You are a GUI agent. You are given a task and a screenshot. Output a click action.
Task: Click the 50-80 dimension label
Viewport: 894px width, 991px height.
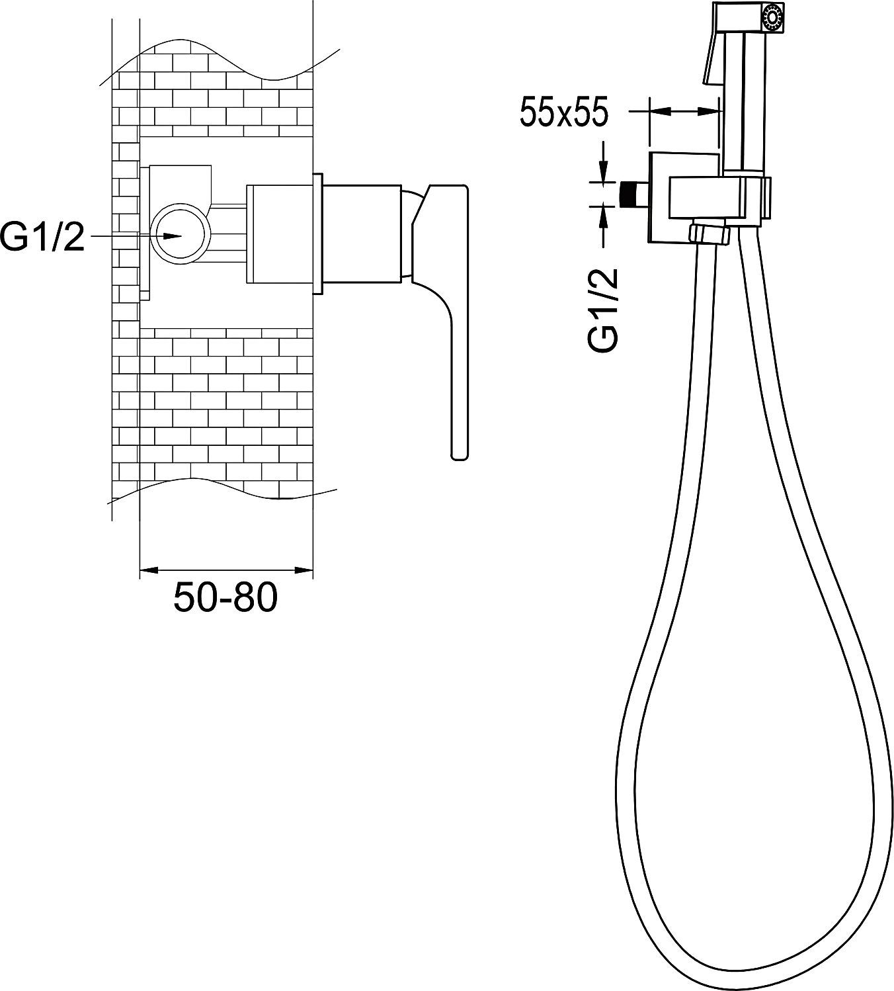pos(225,597)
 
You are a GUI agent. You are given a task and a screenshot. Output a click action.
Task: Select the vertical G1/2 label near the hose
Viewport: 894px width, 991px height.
pos(603,310)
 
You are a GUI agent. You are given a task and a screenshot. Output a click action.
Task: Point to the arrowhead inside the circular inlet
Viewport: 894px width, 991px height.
pos(172,236)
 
